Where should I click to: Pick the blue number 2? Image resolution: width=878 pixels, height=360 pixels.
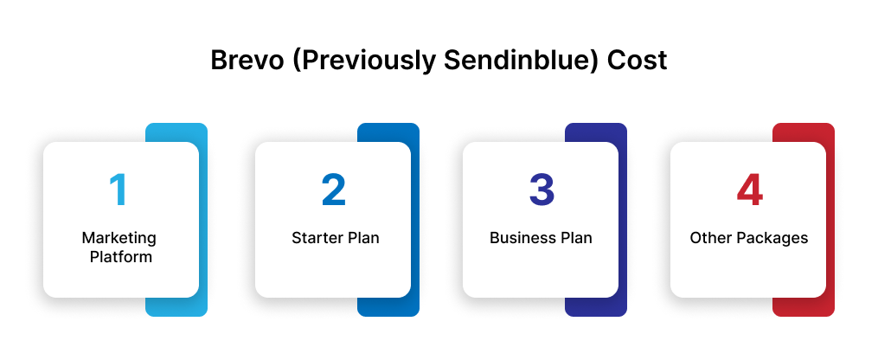(x=333, y=190)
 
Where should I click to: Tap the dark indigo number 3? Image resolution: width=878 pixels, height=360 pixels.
(x=541, y=190)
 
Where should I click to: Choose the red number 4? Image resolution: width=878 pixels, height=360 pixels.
(x=749, y=190)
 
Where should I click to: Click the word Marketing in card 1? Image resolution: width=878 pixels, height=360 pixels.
(x=119, y=238)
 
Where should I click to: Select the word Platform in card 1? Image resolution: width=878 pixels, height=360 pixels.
(x=120, y=256)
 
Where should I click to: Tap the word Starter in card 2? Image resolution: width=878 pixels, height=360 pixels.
(x=317, y=238)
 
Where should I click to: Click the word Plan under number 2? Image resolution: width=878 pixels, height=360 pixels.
(x=362, y=238)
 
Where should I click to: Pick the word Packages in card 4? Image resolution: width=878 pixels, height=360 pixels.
(x=769, y=238)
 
